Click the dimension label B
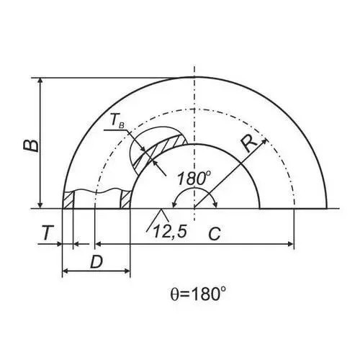tap(31, 145)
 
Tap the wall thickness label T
tap(48, 233)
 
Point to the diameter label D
tap(96, 262)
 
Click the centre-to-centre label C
tap(215, 234)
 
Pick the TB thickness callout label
tap(117, 122)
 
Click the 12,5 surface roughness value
tap(170, 232)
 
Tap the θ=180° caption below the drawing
tap(198, 294)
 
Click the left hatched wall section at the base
tap(68, 199)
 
